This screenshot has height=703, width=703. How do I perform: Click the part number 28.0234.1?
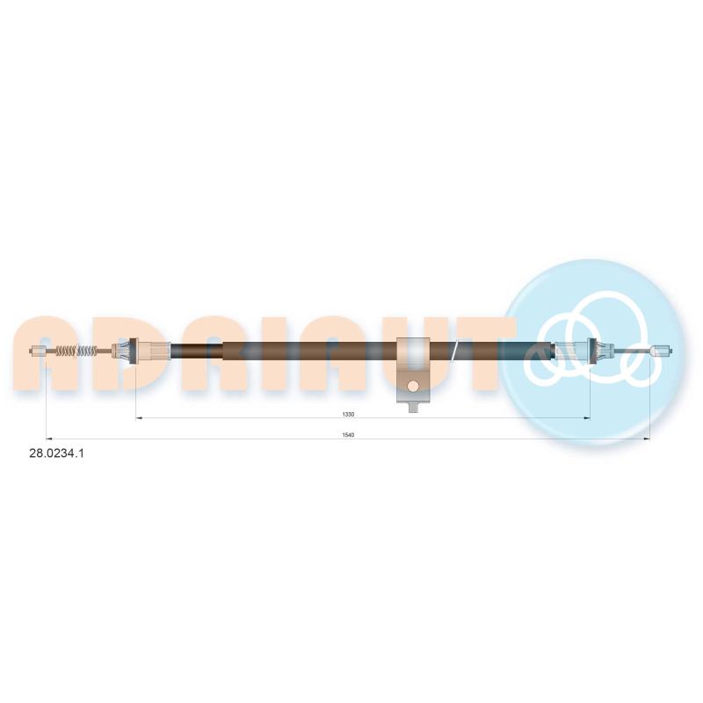pyautogui.click(x=56, y=453)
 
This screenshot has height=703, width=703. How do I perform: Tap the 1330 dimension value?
pyautogui.click(x=348, y=414)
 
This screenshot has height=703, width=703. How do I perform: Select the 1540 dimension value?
pyautogui.click(x=348, y=435)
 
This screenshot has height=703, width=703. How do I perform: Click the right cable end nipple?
pyautogui.click(x=661, y=351)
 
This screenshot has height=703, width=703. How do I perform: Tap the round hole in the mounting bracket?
pyautogui.click(x=413, y=386)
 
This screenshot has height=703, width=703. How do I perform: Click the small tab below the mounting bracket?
pyautogui.click(x=413, y=407)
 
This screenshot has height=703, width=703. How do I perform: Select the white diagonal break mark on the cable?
pyautogui.click(x=455, y=351)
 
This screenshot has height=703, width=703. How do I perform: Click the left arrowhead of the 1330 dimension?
pyautogui.click(x=139, y=418)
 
